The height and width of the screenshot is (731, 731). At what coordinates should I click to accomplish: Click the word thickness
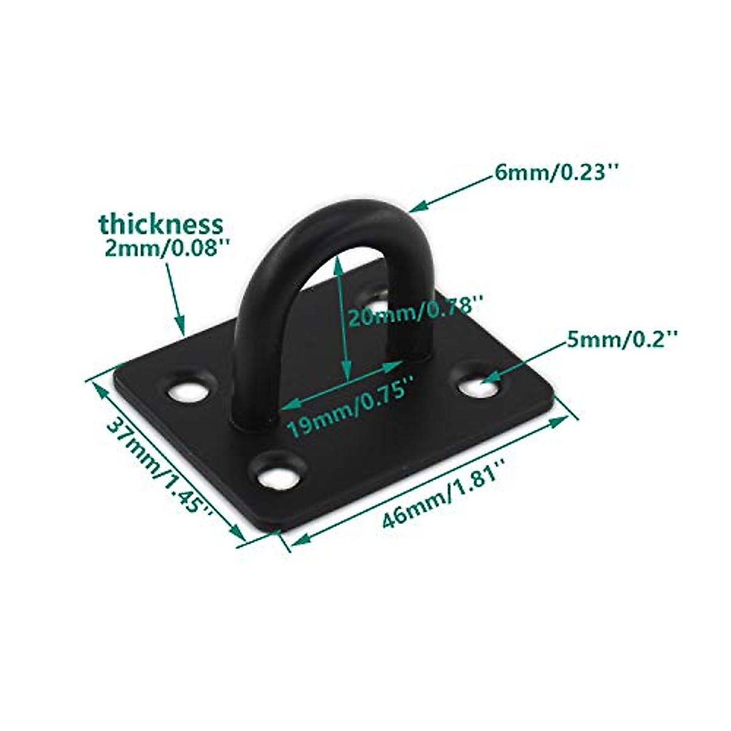tap(161, 224)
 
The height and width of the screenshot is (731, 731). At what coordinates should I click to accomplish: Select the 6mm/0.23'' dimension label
tap(556, 174)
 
